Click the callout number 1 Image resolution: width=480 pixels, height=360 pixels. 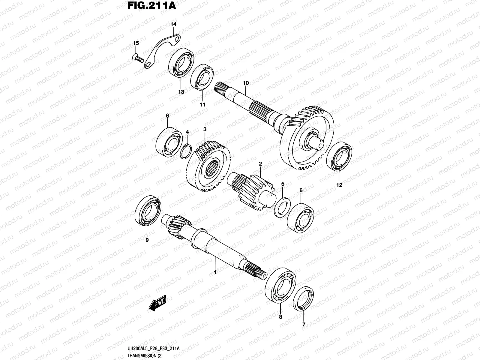[215, 272]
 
